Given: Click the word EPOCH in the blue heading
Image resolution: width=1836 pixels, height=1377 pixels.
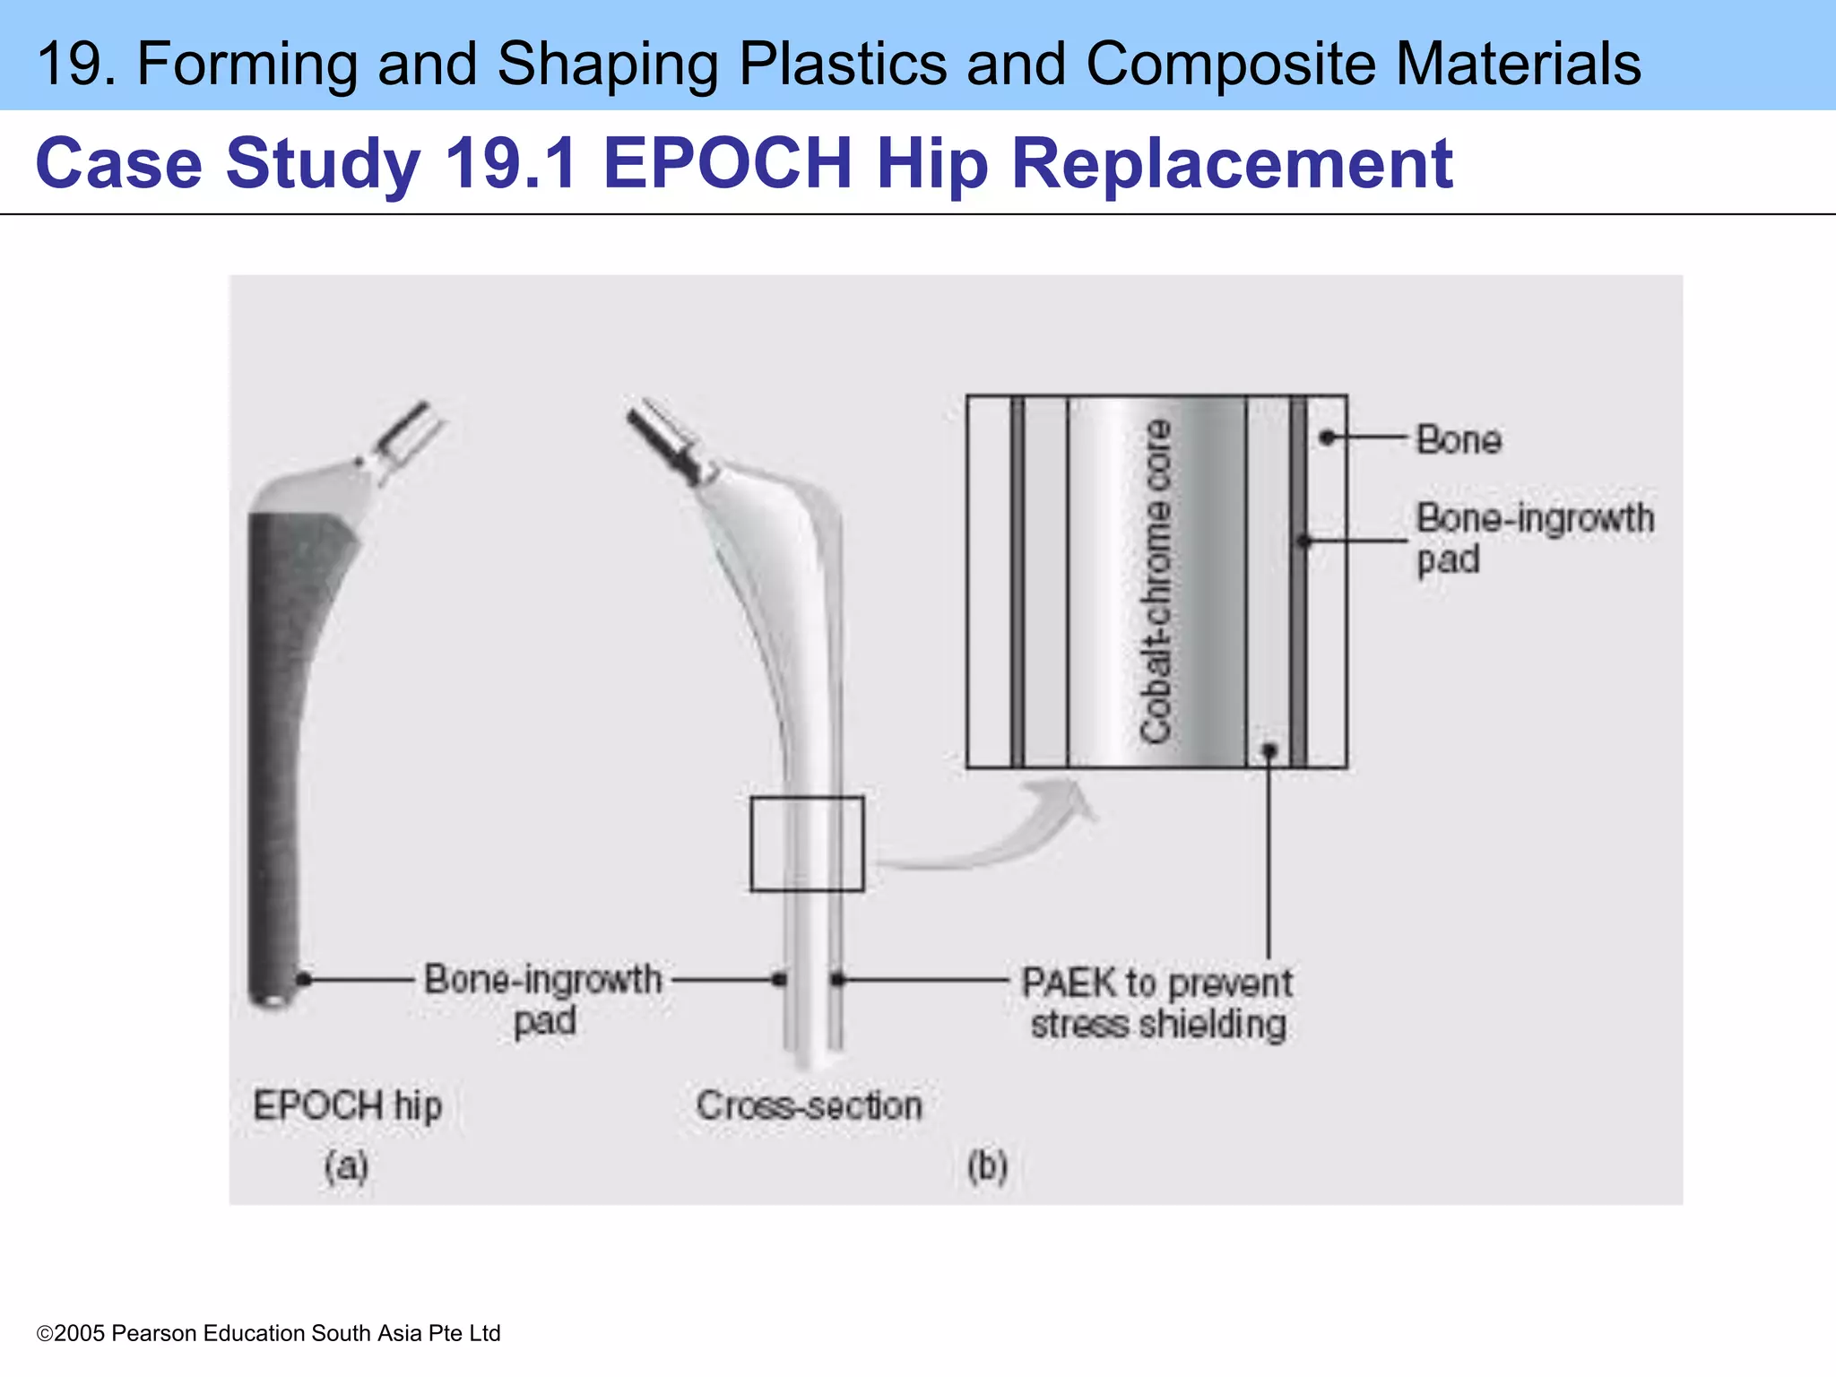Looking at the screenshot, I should coord(727,163).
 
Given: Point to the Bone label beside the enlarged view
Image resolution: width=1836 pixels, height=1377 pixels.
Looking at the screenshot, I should coord(1459,439).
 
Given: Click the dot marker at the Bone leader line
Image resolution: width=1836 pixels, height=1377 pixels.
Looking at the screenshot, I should coord(1328,437).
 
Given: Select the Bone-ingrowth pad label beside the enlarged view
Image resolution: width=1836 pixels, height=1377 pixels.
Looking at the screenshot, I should coord(1533,538).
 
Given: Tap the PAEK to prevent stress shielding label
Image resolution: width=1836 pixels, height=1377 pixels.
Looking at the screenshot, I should coord(1157,1003).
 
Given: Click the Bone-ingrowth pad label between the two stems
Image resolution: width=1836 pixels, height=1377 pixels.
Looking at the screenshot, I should coord(543,999).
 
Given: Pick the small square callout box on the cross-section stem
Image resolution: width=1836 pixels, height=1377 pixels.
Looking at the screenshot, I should coord(807,844).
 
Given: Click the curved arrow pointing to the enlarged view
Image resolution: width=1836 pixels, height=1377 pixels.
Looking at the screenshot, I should coord(995,834).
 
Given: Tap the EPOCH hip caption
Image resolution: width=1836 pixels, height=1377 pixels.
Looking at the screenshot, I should coord(348,1105).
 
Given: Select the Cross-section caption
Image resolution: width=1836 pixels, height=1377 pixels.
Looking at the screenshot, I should coord(809,1105).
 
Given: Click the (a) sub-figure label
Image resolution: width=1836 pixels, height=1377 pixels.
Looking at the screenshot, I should coord(346,1166).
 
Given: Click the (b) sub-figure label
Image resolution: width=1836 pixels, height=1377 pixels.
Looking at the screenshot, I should coord(987,1166).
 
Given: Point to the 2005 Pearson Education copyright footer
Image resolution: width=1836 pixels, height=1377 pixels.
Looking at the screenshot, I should coord(269,1333).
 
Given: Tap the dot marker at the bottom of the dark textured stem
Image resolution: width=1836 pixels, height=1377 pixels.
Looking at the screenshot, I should coord(304,979).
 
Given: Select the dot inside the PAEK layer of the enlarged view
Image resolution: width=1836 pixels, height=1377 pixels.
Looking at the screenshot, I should coord(1269,749).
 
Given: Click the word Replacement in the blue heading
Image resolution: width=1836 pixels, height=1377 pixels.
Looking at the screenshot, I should coord(1232,163).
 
